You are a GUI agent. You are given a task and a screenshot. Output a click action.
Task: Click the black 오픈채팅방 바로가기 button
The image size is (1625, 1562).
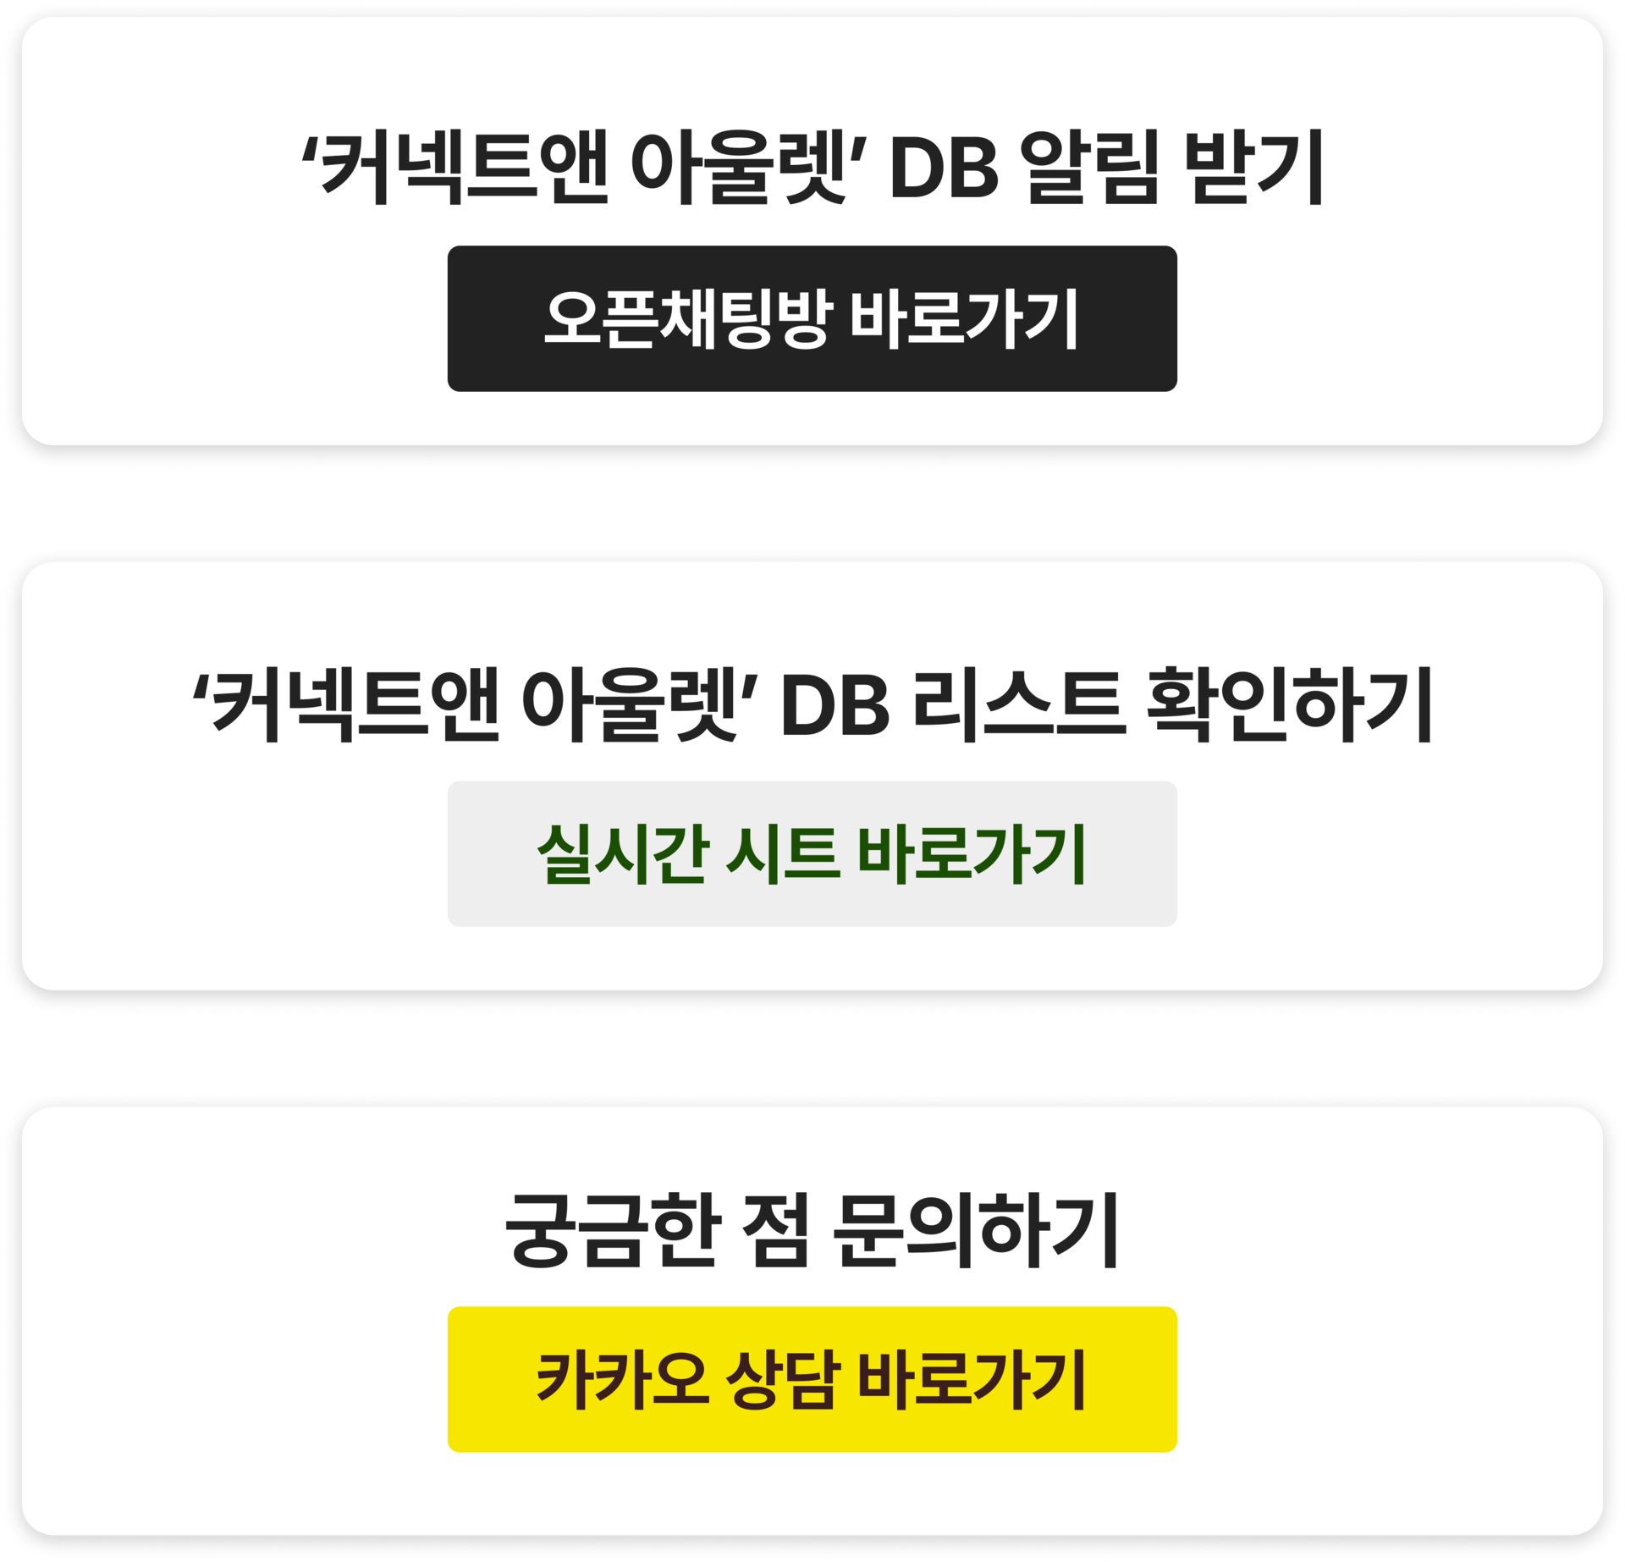coord(812,318)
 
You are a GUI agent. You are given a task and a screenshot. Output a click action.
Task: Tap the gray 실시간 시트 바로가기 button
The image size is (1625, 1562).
coord(812,853)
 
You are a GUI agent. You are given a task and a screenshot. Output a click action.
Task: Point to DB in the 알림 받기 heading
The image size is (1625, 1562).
coord(944,169)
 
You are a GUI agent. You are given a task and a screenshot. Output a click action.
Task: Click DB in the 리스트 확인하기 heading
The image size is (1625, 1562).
coord(835,707)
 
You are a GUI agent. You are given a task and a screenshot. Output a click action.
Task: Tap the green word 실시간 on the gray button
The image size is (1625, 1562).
coord(622,853)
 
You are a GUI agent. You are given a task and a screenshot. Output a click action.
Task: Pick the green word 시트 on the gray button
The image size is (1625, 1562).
coord(782,853)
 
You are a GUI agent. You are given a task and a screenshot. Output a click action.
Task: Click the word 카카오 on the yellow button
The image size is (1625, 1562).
coord(622,1380)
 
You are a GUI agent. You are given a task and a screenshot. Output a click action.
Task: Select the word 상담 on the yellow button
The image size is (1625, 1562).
coord(782,1380)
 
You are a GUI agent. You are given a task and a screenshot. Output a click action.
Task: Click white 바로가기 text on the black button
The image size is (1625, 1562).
coord(963,318)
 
